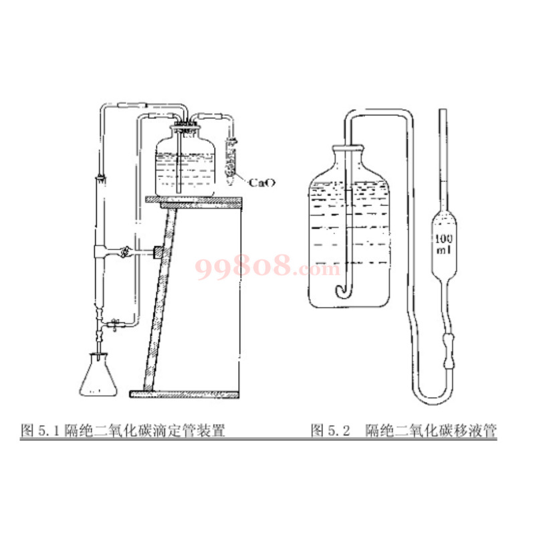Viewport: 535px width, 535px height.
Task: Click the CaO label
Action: click(x=261, y=183)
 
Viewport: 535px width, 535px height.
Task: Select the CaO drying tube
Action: click(x=231, y=160)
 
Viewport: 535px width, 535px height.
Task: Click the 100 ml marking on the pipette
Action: click(x=444, y=243)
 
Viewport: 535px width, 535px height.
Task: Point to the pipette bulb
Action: click(x=444, y=244)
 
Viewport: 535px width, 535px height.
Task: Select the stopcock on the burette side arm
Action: click(x=124, y=252)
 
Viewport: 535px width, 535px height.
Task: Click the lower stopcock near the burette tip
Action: click(x=114, y=324)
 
